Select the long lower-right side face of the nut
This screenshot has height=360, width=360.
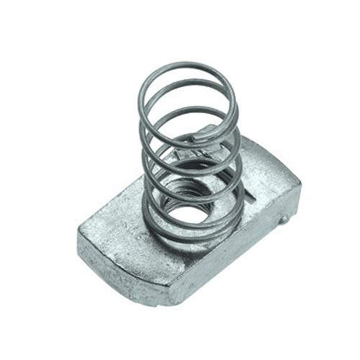(x=238, y=259)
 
